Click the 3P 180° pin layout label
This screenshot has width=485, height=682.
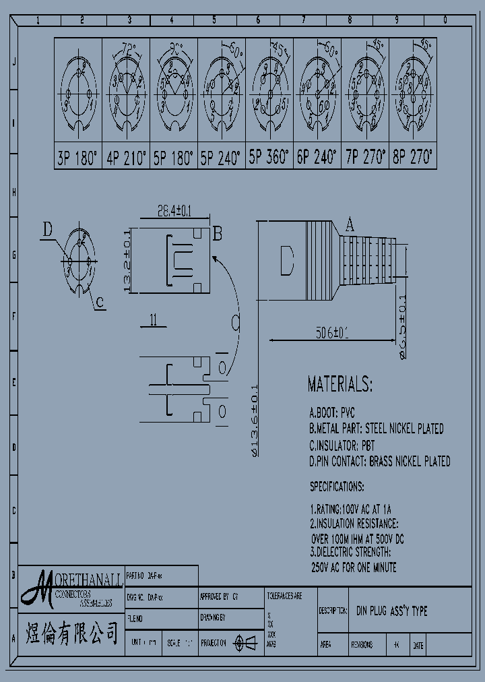77,159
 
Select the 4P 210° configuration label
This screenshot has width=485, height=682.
126,159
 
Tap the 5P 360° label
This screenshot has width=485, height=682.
269,159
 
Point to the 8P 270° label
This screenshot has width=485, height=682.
413,159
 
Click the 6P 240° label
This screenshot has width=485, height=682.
317,159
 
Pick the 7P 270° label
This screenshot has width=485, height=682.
365,159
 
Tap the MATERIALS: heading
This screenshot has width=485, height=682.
339,385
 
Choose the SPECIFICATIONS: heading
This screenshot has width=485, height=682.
337,486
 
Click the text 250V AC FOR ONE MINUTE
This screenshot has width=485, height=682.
353,567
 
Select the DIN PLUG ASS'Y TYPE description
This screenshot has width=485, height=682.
391,611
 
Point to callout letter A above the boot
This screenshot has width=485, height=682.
350,224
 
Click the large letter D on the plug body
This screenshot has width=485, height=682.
286,261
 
